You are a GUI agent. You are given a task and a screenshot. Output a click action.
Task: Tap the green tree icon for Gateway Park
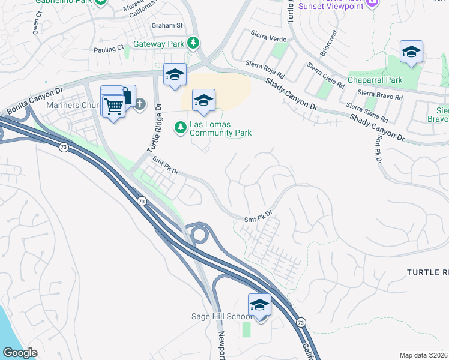coord(193,43)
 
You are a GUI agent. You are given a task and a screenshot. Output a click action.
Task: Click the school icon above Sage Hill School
coord(259,305)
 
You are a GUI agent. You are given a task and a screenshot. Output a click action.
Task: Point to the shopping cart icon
coord(113,106)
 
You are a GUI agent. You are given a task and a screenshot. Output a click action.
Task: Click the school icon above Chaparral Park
coord(411,52)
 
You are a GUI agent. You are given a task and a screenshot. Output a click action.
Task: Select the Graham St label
coord(167,26)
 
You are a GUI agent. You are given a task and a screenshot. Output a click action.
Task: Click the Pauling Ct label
coord(109,49)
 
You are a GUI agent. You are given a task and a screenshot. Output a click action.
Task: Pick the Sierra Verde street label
coord(268,38)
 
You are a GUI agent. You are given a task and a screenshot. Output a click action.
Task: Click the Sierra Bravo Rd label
coord(379,94)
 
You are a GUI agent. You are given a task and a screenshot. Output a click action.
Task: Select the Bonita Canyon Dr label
coord(34,101)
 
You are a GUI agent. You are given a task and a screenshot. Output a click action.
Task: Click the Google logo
coord(20,353)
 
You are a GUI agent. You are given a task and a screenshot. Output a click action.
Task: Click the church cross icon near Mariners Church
coord(140,105)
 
